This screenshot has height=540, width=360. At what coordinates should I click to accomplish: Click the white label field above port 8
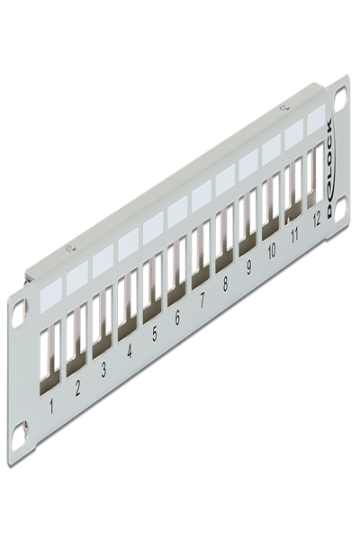[x=225, y=176]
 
